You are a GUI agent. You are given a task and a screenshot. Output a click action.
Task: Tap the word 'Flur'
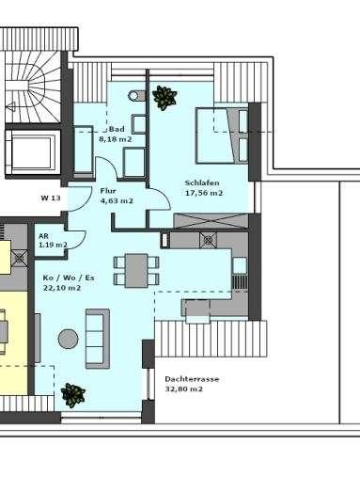tap(109, 190)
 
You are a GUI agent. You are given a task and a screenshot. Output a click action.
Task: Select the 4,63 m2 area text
tap(117, 200)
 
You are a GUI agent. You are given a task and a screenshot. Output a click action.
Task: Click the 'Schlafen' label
tap(204, 182)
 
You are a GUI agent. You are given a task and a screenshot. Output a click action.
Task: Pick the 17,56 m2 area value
tap(204, 192)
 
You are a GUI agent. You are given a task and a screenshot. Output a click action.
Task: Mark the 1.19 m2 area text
tap(53, 245)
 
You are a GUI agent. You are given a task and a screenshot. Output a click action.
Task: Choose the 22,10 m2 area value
tap(62, 288)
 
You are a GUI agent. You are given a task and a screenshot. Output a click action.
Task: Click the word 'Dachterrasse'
tap(192, 378)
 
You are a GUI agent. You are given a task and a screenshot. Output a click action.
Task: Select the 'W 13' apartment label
tap(50, 198)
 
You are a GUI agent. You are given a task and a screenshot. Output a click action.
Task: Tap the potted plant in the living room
tap(71, 393)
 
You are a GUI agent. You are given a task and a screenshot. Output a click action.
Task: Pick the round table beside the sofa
tap(68, 339)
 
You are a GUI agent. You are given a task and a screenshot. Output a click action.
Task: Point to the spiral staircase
tap(28, 80)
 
